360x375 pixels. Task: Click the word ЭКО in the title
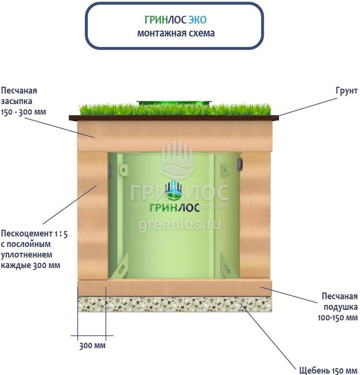(x=197, y=20)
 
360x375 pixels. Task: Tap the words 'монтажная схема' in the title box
(x=176, y=33)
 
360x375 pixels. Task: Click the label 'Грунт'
(x=347, y=91)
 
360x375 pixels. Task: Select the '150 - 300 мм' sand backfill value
(x=23, y=112)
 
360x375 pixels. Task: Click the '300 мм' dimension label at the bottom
(x=92, y=346)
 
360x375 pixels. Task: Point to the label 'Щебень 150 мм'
(x=328, y=370)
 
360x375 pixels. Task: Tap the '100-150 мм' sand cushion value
(x=337, y=317)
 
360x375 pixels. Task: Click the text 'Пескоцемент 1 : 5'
(x=34, y=234)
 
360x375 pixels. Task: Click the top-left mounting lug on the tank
(x=123, y=170)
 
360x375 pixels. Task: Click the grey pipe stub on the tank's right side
(x=240, y=164)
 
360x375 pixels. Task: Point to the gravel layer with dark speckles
(x=175, y=304)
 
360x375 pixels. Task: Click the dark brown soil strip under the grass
(x=174, y=118)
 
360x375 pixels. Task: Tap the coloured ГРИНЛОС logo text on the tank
(x=174, y=208)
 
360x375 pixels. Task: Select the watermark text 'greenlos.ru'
(x=180, y=225)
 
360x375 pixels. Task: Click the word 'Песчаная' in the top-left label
(x=19, y=91)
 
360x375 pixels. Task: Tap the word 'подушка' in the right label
(x=341, y=307)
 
